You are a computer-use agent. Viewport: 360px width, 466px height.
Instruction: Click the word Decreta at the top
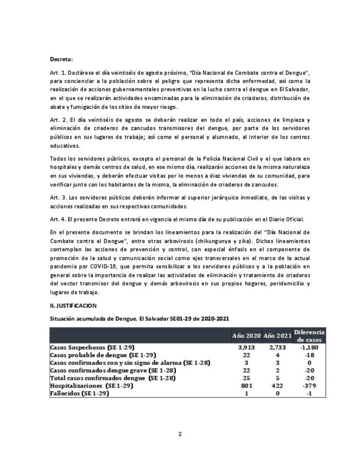(x=60, y=59)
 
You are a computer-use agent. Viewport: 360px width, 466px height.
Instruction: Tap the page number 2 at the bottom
(x=180, y=434)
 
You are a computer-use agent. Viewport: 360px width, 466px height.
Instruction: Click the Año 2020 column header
(x=246, y=336)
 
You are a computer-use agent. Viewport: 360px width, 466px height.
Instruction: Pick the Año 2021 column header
(x=276, y=336)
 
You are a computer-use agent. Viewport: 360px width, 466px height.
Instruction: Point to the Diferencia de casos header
(x=309, y=336)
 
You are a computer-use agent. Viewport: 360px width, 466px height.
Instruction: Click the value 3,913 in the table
(x=246, y=348)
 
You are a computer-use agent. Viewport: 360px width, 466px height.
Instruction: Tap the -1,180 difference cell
(x=309, y=348)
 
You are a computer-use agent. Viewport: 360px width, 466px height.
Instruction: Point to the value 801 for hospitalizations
(x=246, y=386)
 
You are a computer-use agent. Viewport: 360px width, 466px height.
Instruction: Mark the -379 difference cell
(x=309, y=386)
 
